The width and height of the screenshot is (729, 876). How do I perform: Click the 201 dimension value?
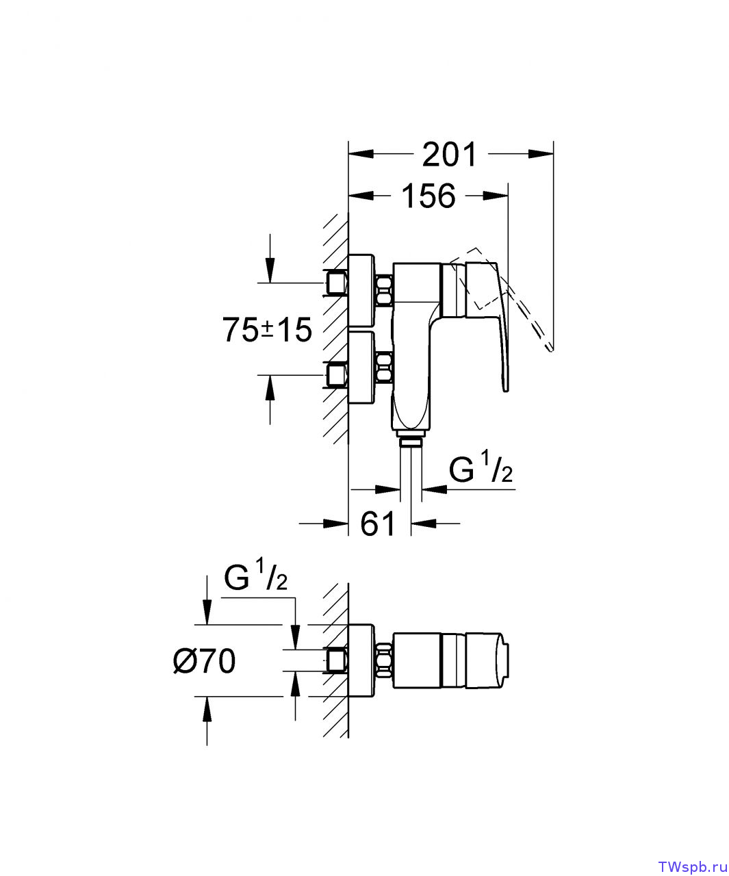(x=449, y=155)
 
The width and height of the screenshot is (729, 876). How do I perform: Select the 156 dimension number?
(x=428, y=196)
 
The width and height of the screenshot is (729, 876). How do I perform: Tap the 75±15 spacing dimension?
(x=267, y=330)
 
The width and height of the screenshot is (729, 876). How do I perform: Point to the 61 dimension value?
(x=378, y=524)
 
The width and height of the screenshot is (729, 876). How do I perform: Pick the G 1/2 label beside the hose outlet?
(x=481, y=468)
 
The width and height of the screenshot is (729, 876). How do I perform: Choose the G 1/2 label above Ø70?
(x=255, y=577)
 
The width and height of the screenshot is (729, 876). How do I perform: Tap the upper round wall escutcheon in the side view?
(x=361, y=290)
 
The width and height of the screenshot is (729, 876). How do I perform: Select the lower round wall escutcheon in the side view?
(x=361, y=368)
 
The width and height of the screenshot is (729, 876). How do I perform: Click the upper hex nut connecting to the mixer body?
(x=384, y=289)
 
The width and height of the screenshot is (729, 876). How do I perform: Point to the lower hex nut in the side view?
(x=384, y=367)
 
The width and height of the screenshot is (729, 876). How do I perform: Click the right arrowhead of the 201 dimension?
(x=541, y=154)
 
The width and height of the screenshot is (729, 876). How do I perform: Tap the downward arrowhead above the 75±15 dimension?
(x=270, y=270)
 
